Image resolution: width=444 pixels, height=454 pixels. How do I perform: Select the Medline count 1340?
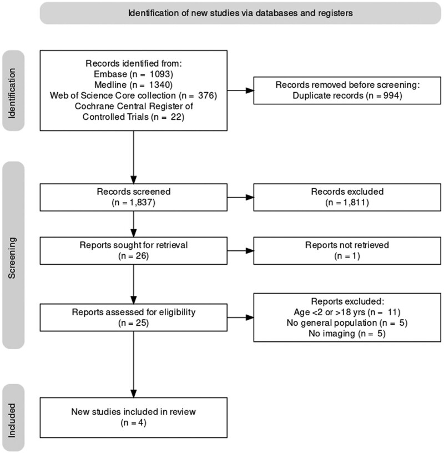coord(160,85)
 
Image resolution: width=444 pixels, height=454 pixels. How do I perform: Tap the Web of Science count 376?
coord(206,95)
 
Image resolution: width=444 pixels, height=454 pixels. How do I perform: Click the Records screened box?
coord(134,197)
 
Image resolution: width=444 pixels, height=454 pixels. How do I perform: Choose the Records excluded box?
coord(347,197)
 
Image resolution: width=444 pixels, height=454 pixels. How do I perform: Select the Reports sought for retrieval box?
coord(134,251)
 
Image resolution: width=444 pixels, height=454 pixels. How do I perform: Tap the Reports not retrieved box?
coord(347,251)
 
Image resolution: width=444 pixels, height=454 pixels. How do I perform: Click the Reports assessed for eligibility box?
coord(134,317)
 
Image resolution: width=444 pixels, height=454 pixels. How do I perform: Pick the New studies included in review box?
coord(134,417)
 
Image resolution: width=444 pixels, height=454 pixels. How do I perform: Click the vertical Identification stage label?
coord(12,93)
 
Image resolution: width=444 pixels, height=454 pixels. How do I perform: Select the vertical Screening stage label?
coord(12,258)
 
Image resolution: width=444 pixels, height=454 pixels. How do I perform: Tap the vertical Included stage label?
coord(12,420)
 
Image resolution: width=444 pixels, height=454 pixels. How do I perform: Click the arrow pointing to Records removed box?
coord(240,90)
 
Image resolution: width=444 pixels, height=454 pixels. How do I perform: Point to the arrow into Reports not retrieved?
coord(240,251)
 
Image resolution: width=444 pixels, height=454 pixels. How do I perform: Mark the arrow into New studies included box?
coord(134,365)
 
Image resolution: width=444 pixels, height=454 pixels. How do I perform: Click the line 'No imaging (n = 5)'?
coord(347,334)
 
